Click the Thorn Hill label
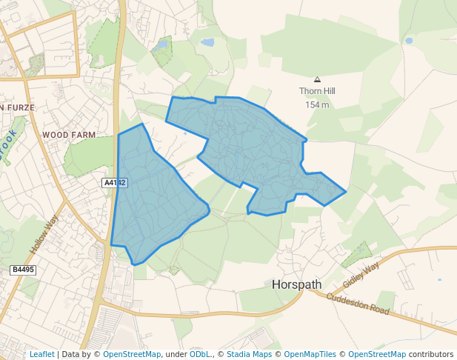317,92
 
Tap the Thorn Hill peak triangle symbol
318,79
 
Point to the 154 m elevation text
317,104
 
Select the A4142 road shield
115,182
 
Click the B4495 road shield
24,270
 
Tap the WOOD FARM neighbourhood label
69,135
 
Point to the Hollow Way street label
44,235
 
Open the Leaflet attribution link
42,354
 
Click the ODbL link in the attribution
200,354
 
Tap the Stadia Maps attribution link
248,354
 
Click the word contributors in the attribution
430,354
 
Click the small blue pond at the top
207,42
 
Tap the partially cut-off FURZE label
16,108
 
